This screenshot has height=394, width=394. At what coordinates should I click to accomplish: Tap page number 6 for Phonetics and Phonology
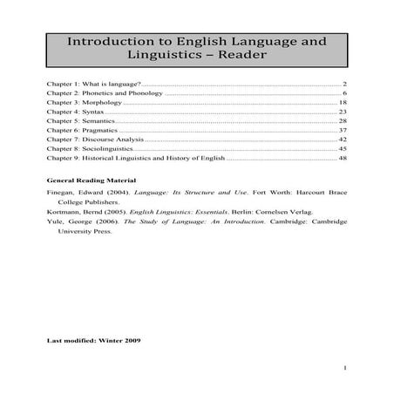[x=345, y=92]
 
